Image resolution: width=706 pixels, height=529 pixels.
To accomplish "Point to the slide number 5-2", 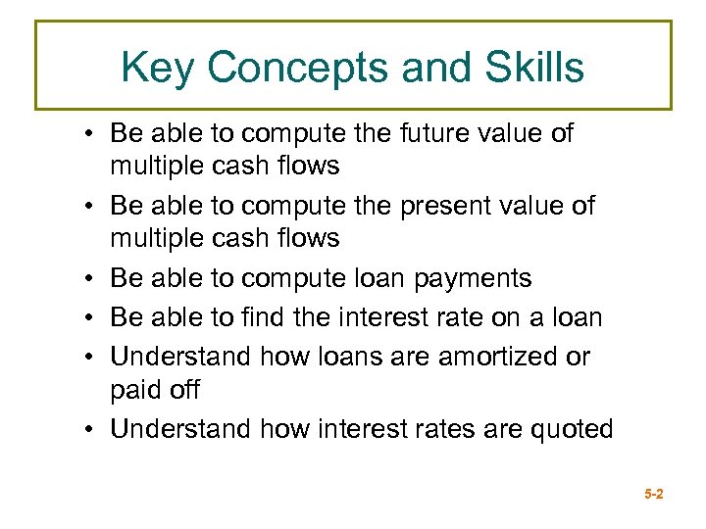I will tap(654, 495).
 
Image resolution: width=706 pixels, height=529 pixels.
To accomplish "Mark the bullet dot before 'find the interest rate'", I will tap(88, 318).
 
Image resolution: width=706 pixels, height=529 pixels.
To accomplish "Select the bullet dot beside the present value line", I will tap(88, 207).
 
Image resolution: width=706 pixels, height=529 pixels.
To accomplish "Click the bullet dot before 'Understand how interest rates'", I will tap(88, 429).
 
